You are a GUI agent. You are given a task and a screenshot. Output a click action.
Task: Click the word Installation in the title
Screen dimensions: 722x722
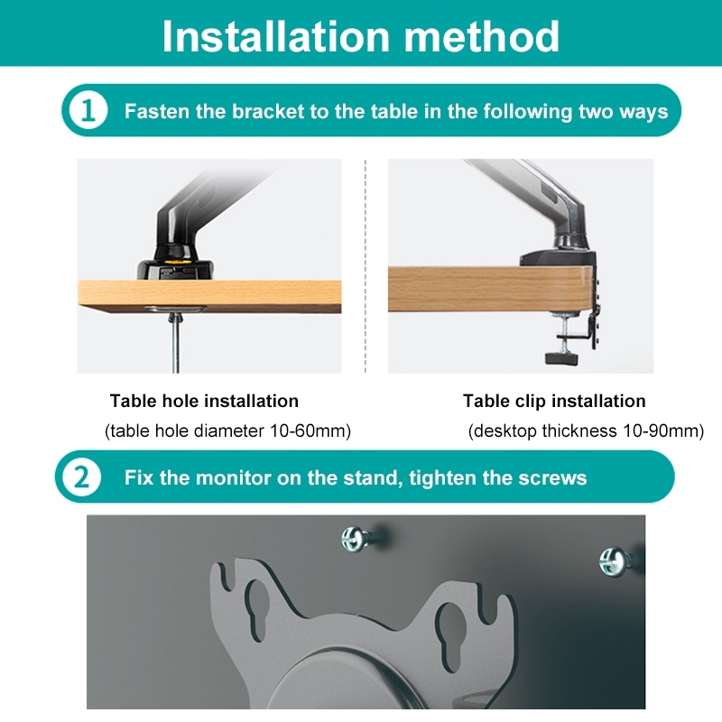pos(276,36)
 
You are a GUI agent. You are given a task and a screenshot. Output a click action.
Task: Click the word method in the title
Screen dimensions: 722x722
pos(482,36)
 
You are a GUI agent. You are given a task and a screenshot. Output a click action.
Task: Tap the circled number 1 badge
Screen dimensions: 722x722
pos(88,110)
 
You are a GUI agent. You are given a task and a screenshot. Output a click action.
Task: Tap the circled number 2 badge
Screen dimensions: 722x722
pos(81,477)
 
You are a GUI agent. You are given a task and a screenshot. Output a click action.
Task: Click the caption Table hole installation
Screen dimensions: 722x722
pos(205,401)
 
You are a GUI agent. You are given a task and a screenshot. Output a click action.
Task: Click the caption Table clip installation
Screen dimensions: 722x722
pos(554,401)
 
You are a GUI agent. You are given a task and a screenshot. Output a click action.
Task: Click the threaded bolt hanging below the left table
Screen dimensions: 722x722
pos(175,342)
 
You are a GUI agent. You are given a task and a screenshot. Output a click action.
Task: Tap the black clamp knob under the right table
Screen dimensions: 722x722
pos(561,357)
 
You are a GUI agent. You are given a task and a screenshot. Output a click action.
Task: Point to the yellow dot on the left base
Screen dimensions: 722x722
pos(175,261)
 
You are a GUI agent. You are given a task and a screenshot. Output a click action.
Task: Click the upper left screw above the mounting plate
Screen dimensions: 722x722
pos(357,538)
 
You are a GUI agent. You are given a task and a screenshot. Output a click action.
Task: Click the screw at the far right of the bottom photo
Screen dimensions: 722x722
pos(615,560)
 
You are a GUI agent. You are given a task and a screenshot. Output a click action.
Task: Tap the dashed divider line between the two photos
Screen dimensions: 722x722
pos(366,266)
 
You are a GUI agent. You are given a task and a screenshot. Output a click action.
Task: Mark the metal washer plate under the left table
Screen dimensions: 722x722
pos(175,309)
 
